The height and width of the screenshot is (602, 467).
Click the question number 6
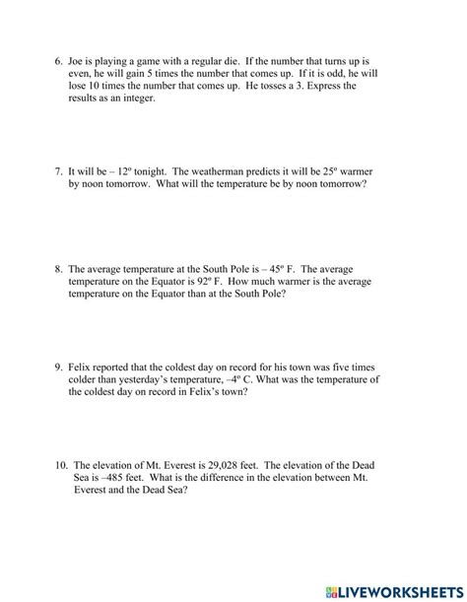coord(58,61)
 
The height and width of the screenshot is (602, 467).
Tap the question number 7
coord(58,171)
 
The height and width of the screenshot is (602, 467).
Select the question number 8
coord(58,269)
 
